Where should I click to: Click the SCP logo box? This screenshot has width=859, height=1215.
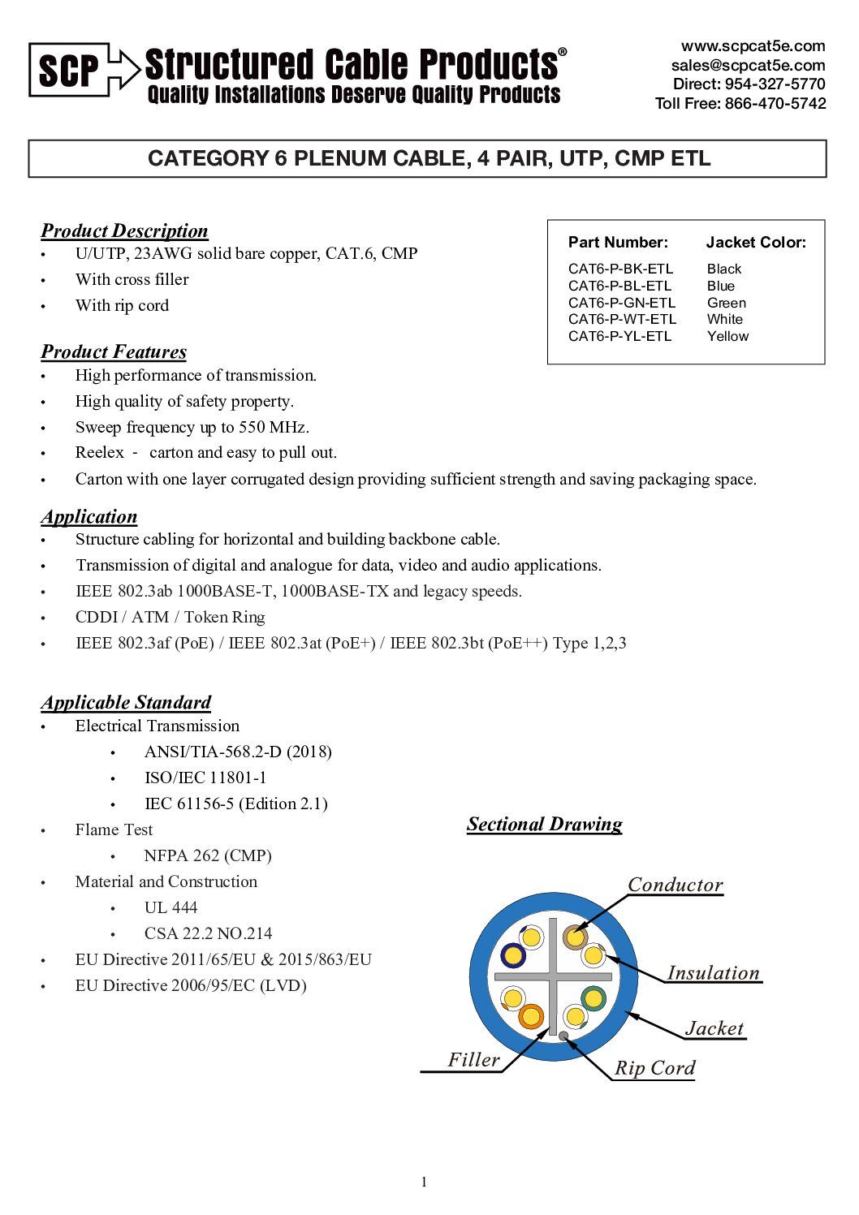click(69, 70)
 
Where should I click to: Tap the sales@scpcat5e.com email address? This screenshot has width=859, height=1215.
click(748, 65)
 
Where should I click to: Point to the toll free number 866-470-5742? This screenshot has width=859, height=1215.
click(775, 103)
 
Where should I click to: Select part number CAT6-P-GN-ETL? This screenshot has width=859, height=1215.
click(621, 303)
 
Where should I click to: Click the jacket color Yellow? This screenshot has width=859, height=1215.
click(727, 336)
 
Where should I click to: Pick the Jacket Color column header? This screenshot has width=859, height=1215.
click(755, 242)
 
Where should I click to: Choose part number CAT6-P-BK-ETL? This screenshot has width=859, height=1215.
click(620, 269)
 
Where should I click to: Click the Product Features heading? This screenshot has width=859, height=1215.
click(114, 351)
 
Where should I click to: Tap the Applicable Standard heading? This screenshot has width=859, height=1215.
click(126, 702)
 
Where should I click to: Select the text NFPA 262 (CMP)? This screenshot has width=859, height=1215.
click(208, 855)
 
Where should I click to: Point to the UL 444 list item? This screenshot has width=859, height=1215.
click(171, 907)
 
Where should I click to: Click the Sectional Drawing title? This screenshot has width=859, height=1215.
click(544, 824)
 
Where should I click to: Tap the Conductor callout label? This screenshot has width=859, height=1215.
click(675, 885)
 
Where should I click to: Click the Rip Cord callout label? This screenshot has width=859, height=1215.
click(654, 1068)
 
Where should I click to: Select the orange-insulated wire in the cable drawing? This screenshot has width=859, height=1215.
click(530, 1015)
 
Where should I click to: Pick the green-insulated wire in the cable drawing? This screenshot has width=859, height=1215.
click(594, 997)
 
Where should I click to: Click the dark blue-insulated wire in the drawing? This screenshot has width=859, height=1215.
click(512, 955)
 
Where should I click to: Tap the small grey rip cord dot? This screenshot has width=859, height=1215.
click(563, 1036)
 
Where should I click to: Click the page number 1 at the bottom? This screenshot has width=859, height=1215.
click(424, 1182)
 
